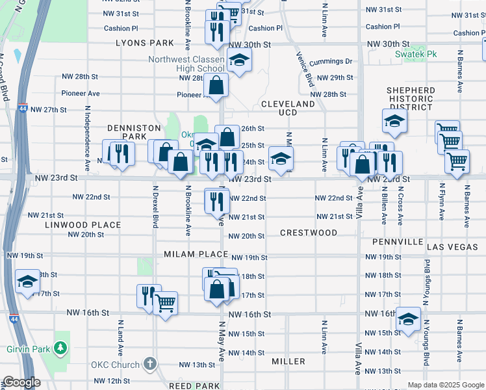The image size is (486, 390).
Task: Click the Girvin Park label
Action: pos(29,348)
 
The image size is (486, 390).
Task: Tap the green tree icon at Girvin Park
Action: pos(61,348)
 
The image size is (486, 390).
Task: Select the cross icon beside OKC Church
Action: pos(150,365)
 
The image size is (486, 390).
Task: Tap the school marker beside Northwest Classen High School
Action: pos(239,61)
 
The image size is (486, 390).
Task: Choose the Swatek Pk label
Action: pos(416,54)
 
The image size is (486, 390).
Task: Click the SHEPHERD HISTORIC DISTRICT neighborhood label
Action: pos(410,99)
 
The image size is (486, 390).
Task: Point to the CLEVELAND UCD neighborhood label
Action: pos(288,108)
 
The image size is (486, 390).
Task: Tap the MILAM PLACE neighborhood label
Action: pos(196,254)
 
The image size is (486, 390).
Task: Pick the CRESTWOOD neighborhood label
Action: pos(309,233)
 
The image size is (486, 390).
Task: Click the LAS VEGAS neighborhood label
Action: pos(452,247)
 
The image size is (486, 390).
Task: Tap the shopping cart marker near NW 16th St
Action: pos(166,302)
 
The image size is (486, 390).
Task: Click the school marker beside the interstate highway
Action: pos(27,281)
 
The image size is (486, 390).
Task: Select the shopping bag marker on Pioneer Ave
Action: pos(216,85)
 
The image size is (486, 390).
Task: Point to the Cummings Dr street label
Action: pos(331,62)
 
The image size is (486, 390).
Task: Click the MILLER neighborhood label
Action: pos(288,361)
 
